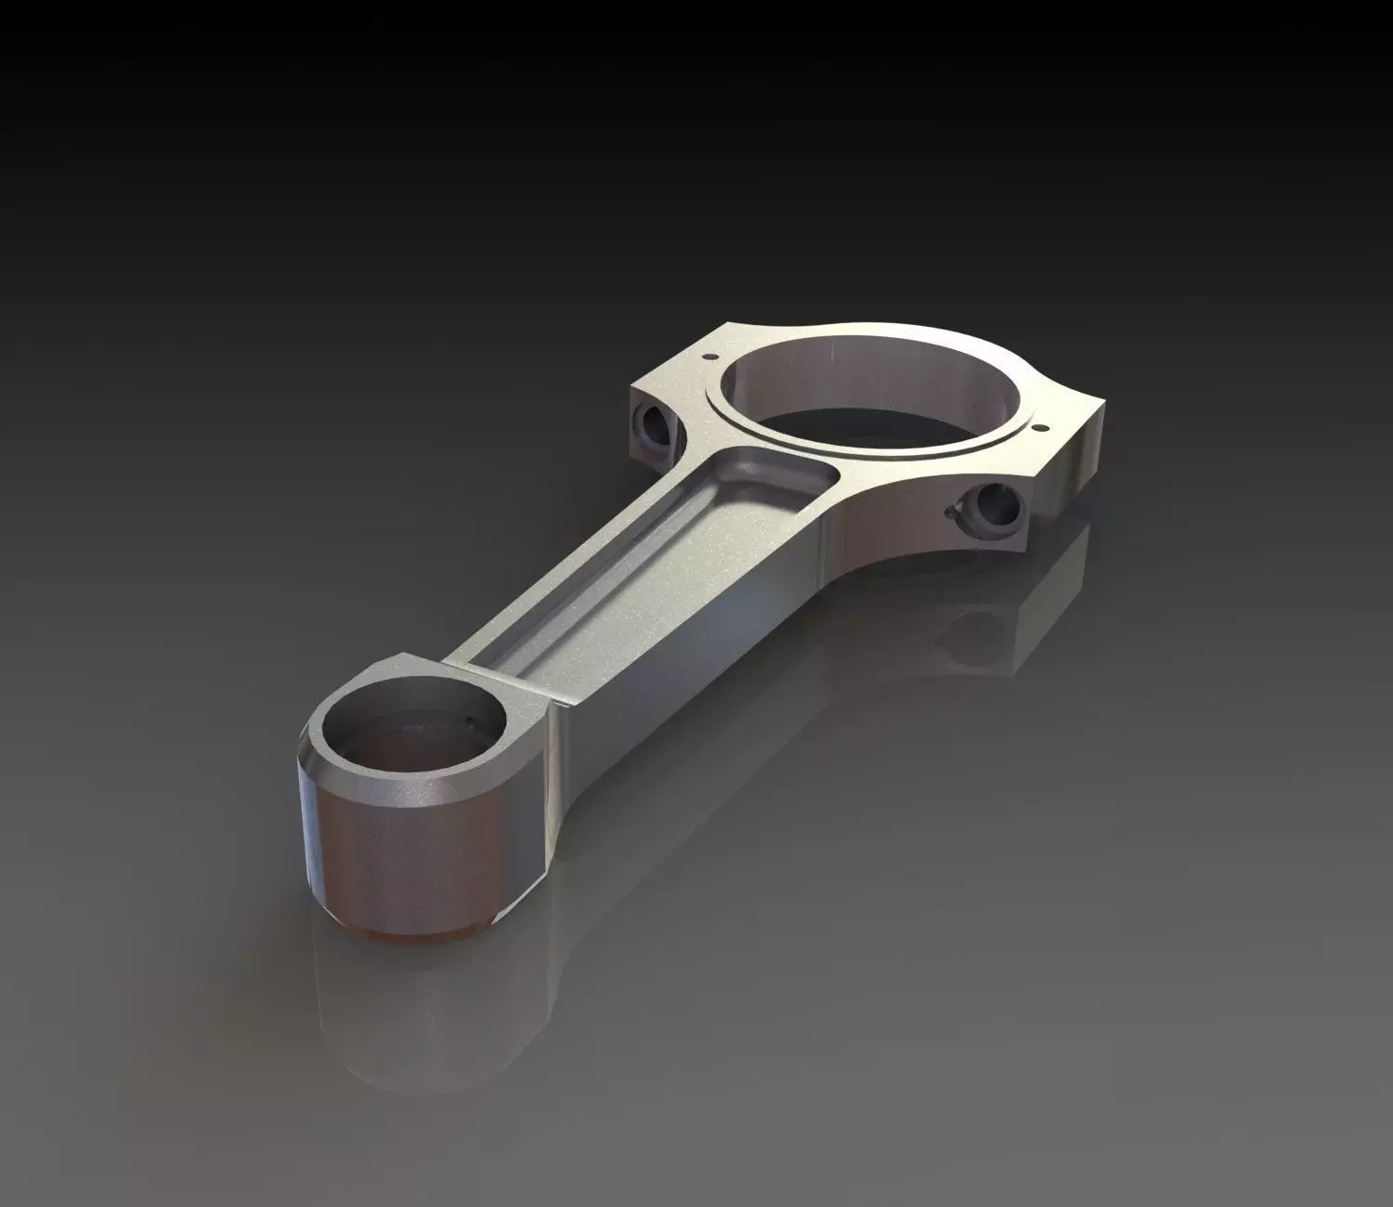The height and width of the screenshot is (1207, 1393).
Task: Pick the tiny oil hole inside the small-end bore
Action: [x=471, y=720]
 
